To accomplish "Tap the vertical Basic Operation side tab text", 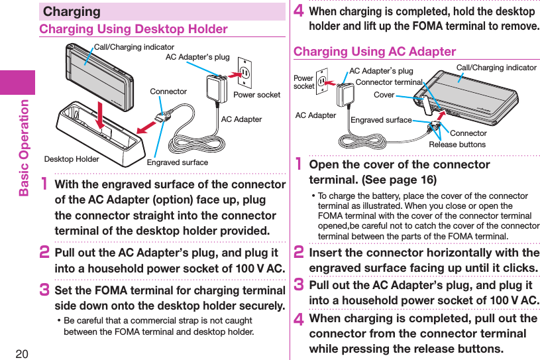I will tap(25, 148).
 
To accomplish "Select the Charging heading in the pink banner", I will tap(72, 11).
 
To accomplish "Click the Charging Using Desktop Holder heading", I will tap(133, 29).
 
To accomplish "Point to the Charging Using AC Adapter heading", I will tap(374, 52).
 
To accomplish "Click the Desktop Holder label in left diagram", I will tap(72, 158).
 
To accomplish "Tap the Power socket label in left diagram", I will tap(256, 95).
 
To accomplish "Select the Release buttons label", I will tap(457, 145).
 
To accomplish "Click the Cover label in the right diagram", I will tap(384, 95).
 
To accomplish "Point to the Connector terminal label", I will tap(388, 82).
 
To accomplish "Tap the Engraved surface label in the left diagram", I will tap(177, 162).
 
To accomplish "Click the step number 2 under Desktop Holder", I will tap(45, 255).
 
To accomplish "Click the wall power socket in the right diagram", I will tap(323, 82).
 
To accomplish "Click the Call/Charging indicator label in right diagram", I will tap(496, 68).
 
